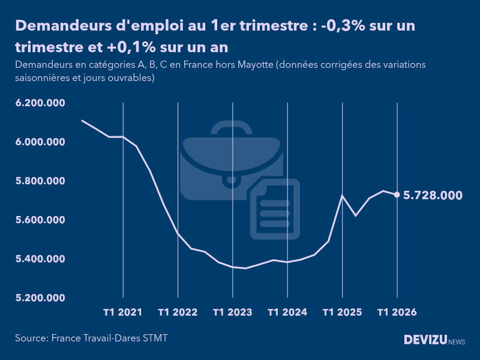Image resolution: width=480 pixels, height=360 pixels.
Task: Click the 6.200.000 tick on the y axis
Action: coord(40,103)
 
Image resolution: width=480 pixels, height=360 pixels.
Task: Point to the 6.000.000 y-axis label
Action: coord(40,142)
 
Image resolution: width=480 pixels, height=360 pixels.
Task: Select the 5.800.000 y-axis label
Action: coord(40,181)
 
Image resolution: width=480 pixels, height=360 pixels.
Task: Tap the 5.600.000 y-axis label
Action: coord(40,220)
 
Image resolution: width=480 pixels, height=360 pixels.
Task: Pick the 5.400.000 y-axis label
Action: coord(40,259)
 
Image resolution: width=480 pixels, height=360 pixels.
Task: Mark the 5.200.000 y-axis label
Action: coord(40,298)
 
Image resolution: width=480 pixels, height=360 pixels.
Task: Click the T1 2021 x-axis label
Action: coord(123,313)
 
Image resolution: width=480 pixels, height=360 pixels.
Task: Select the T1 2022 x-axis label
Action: coord(178,313)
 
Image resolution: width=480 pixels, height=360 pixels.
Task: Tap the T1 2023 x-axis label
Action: coord(232,313)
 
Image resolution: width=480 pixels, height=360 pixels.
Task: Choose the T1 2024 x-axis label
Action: coord(287,313)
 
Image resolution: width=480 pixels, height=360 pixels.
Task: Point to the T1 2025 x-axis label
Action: coord(342,313)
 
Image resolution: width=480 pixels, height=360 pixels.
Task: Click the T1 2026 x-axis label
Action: coord(397,313)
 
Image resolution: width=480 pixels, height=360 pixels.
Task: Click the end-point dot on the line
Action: coord(397,194)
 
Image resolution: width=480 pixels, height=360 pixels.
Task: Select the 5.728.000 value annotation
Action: coord(433,195)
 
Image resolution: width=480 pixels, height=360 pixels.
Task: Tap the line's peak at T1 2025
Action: coord(342,196)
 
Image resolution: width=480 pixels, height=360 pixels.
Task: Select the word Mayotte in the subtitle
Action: coord(250,65)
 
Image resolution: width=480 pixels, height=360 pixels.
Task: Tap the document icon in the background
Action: coord(275,210)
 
